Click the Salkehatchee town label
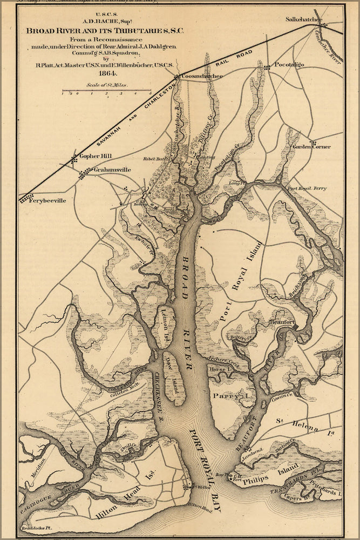(x=303, y=20)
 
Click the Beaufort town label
(x=281, y=322)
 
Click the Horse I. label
(x=220, y=369)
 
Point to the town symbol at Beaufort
(x=295, y=327)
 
